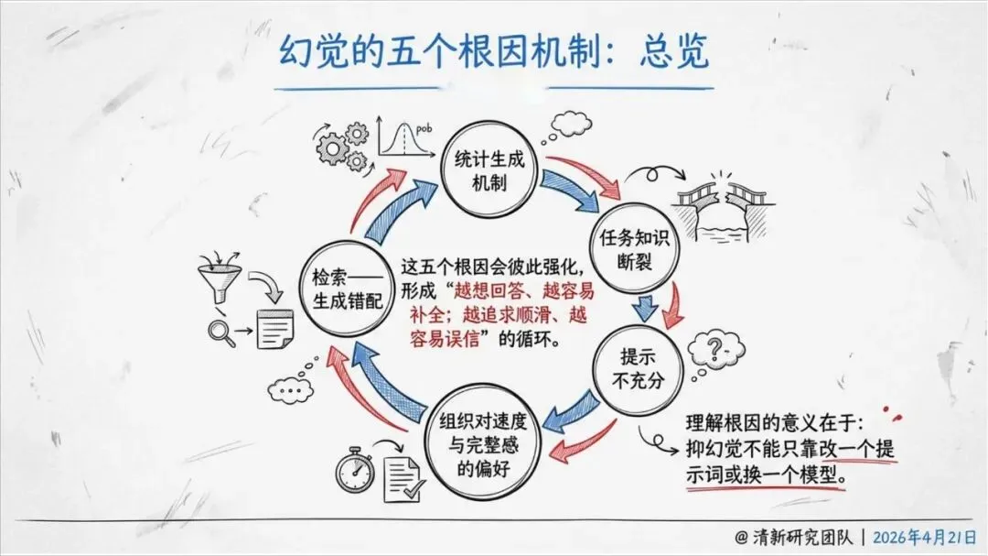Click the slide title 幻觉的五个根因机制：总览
point(495,50)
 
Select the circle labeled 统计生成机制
point(489,171)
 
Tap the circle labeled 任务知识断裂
point(635,248)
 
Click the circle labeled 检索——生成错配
point(348,289)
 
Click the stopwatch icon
point(355,470)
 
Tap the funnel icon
point(220,278)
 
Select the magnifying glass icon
point(221,333)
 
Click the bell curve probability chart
point(404,136)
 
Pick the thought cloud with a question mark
point(715,351)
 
